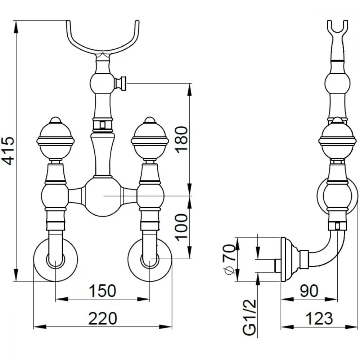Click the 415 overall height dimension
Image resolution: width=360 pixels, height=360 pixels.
[x=9, y=151]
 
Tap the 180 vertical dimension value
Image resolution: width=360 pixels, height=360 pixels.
[x=181, y=139]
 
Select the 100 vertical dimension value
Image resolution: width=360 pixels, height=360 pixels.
[x=181, y=227]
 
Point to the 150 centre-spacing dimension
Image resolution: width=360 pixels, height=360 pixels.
[x=102, y=291]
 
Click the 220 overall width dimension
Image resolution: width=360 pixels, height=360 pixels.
[x=103, y=318]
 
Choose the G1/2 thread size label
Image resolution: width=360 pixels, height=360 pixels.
[x=249, y=317]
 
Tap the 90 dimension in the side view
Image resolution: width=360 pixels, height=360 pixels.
[x=309, y=291]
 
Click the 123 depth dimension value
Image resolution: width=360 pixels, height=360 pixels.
[x=319, y=318]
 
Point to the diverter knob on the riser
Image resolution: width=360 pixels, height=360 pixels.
[x=121, y=83]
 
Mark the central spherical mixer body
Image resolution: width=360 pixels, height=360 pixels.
[x=103, y=196]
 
